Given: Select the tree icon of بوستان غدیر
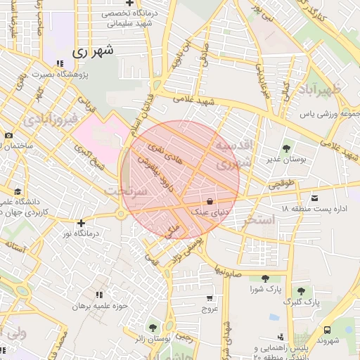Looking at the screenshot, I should point(286,148).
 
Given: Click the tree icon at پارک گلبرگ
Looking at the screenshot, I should point(301,291).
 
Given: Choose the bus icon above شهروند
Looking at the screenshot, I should point(328,329).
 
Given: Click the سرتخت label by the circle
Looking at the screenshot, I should point(125,191).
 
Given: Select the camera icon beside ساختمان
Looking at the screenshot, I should point(8,135).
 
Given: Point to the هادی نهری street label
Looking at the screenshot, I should point(164,154).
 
